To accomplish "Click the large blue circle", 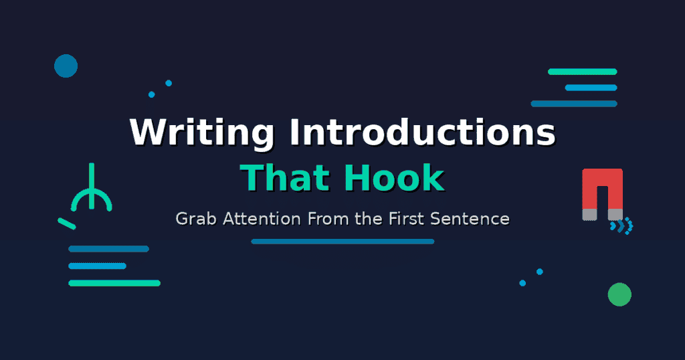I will [x=66, y=66].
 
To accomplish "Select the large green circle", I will [x=619, y=294].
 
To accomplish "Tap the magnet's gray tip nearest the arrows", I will [x=615, y=214].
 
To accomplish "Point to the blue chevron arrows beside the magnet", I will [x=622, y=226].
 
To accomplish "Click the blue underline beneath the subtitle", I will [x=342, y=242].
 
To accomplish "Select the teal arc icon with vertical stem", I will [x=92, y=194].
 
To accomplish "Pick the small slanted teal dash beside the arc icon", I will [x=67, y=223].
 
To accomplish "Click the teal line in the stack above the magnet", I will [x=582, y=72].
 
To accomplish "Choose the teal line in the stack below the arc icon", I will [x=114, y=283].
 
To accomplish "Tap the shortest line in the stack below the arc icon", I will [x=97, y=266].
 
